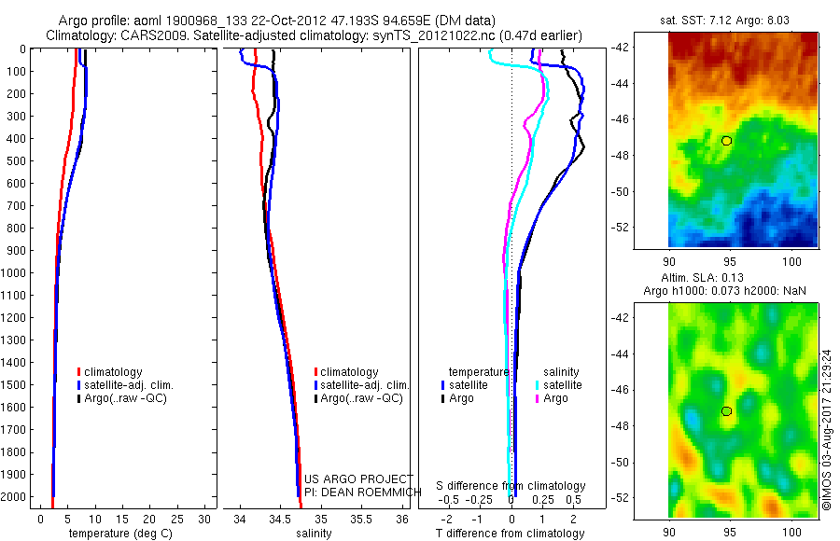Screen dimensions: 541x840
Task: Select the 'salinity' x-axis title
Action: tap(314, 534)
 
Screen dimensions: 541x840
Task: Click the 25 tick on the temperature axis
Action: tap(177, 518)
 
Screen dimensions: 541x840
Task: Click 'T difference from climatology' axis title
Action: tap(511, 534)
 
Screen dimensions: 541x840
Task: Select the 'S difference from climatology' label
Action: tap(511, 486)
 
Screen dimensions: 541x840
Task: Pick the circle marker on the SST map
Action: tap(726, 141)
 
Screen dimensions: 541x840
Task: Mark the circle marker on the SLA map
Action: tap(726, 411)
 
